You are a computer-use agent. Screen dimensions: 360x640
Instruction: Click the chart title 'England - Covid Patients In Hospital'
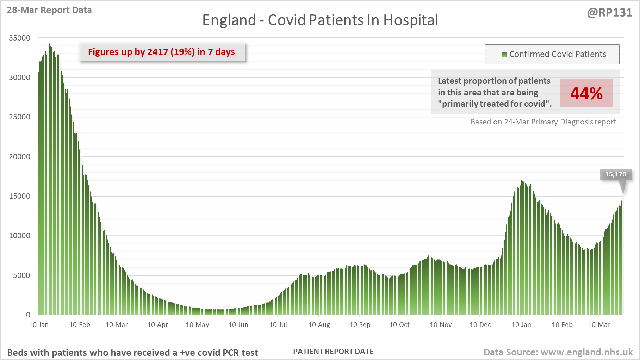pyautogui.click(x=320, y=20)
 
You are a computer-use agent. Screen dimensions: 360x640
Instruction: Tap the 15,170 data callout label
pyautogui.click(x=615, y=174)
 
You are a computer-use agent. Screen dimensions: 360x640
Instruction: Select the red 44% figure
pyautogui.click(x=586, y=93)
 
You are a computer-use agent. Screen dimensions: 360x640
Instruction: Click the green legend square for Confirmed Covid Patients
pyautogui.click(x=504, y=55)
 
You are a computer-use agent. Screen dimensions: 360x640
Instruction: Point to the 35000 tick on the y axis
pyautogui.click(x=20, y=38)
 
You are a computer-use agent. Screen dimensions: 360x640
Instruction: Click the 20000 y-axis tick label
pyautogui.click(x=20, y=157)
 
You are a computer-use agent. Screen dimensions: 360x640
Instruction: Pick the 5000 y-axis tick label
pyautogui.click(x=21, y=275)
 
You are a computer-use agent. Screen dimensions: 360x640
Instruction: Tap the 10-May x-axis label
pyautogui.click(x=197, y=325)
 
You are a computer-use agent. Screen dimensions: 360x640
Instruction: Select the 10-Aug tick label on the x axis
pyautogui.click(x=319, y=325)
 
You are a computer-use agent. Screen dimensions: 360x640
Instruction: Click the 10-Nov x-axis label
pyautogui.click(x=441, y=325)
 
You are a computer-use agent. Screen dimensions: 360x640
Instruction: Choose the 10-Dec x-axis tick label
pyautogui.click(x=480, y=325)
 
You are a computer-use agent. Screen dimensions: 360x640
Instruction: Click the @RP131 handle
pyautogui.click(x=609, y=13)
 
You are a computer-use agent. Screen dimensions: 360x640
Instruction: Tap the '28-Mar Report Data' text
pyautogui.click(x=49, y=10)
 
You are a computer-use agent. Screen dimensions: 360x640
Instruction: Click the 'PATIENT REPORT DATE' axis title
pyautogui.click(x=333, y=352)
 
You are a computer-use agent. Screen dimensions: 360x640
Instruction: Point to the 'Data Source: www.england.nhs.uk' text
pyautogui.click(x=558, y=353)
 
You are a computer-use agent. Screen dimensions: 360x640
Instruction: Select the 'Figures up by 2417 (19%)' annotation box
pyautogui.click(x=161, y=52)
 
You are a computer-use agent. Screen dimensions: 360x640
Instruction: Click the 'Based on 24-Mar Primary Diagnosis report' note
pyautogui.click(x=543, y=122)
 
